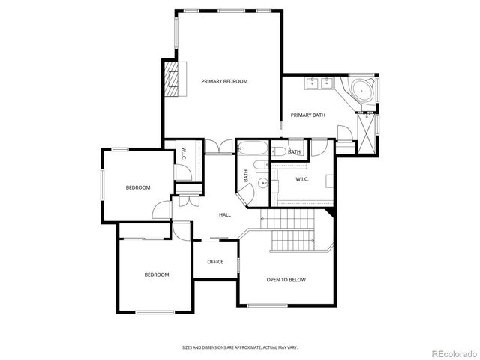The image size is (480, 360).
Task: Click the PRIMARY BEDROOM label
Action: coord(224,81)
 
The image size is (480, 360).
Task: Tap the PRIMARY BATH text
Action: coord(307,115)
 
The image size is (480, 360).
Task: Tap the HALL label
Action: coord(224,215)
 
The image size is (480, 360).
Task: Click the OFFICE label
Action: coord(215,262)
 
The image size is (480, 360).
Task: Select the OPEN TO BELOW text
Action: coord(286,280)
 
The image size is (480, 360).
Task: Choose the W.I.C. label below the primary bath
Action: coord(302,179)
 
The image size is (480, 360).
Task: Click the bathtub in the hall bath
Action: coord(250,148)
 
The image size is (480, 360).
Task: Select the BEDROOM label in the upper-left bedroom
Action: coord(137,187)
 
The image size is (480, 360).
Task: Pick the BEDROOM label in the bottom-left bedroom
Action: coord(156,274)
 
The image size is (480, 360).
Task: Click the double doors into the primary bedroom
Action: coord(219,148)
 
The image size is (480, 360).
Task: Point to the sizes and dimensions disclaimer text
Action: coord(240,347)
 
